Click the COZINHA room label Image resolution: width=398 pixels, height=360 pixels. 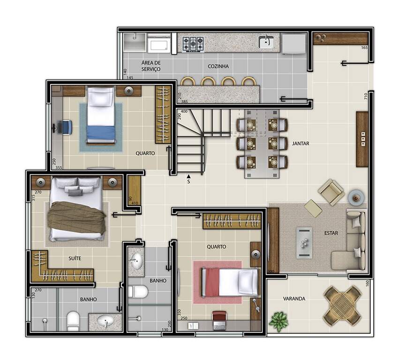218,66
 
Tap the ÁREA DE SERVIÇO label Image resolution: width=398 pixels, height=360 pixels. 151,66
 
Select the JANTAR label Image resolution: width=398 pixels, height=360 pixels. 300,143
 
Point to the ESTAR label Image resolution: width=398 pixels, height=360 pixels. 331,233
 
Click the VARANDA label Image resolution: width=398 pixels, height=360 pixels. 294,299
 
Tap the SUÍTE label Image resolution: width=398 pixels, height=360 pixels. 75,258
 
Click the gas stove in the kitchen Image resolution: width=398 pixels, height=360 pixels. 193,44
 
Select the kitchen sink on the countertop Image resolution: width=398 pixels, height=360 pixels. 266,42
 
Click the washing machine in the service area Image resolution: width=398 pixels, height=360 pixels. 159,45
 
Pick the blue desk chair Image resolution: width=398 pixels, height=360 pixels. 67,127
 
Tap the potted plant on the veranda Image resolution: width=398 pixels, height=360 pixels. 278,322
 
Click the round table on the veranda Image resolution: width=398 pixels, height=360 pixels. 342,306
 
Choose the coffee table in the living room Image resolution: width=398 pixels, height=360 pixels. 304,243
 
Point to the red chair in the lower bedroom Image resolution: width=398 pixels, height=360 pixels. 219,321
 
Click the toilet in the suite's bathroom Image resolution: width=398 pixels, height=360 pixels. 73,321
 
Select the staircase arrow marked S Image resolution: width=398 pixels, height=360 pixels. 188,176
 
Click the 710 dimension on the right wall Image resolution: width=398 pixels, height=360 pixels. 366,96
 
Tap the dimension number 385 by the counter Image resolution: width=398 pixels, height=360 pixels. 185,102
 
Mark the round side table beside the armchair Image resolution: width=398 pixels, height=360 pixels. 356,197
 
